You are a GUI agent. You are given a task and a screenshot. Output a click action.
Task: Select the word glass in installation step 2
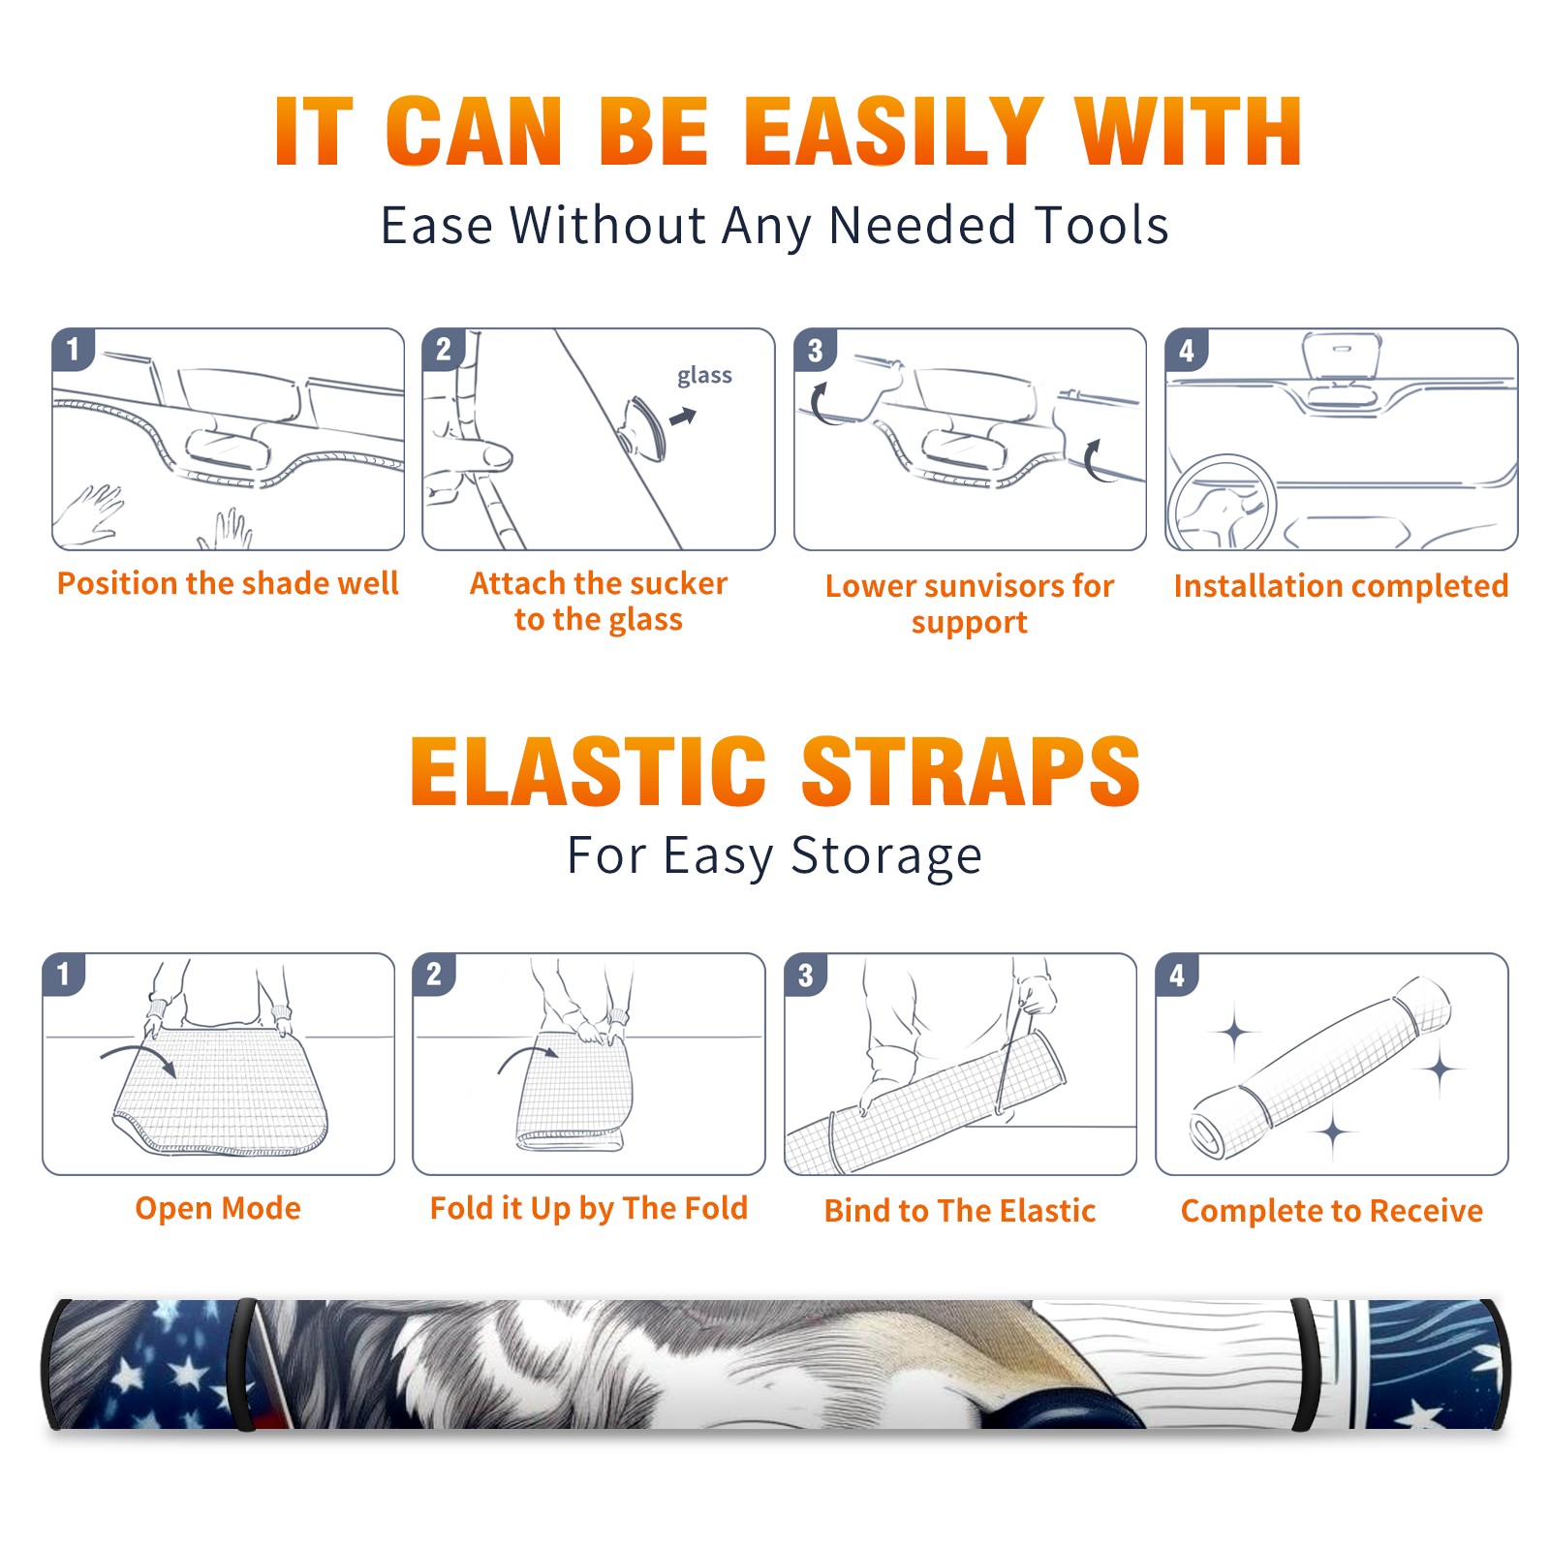coord(704,376)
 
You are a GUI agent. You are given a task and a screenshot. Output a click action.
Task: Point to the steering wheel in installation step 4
coord(1221,502)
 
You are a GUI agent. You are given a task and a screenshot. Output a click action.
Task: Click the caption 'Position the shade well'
coord(228,583)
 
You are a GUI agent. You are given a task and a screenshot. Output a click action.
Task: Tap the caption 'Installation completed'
coord(1341,586)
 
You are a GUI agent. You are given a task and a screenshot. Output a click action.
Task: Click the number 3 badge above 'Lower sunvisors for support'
coord(815,350)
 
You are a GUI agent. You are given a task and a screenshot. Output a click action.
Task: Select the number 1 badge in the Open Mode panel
coord(64,974)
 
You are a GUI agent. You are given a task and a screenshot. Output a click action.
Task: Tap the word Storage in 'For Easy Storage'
coord(886,856)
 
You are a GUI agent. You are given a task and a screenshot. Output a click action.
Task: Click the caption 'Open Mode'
coord(218,1208)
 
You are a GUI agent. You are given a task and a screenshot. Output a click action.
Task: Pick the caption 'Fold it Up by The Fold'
coord(589,1209)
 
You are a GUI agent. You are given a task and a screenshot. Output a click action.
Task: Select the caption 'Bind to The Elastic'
coord(959,1211)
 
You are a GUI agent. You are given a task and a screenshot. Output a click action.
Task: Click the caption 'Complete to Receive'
coord(1332,1211)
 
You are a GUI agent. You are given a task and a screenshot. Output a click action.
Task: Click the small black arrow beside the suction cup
coord(683,417)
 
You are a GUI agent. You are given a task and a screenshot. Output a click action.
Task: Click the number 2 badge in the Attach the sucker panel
coord(444,350)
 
